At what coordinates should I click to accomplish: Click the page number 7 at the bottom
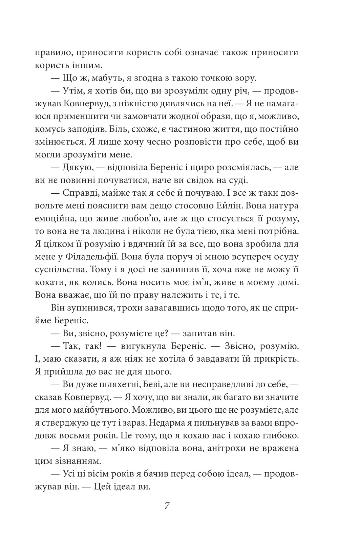167,506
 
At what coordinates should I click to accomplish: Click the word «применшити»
82,117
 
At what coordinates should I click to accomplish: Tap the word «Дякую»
76,168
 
